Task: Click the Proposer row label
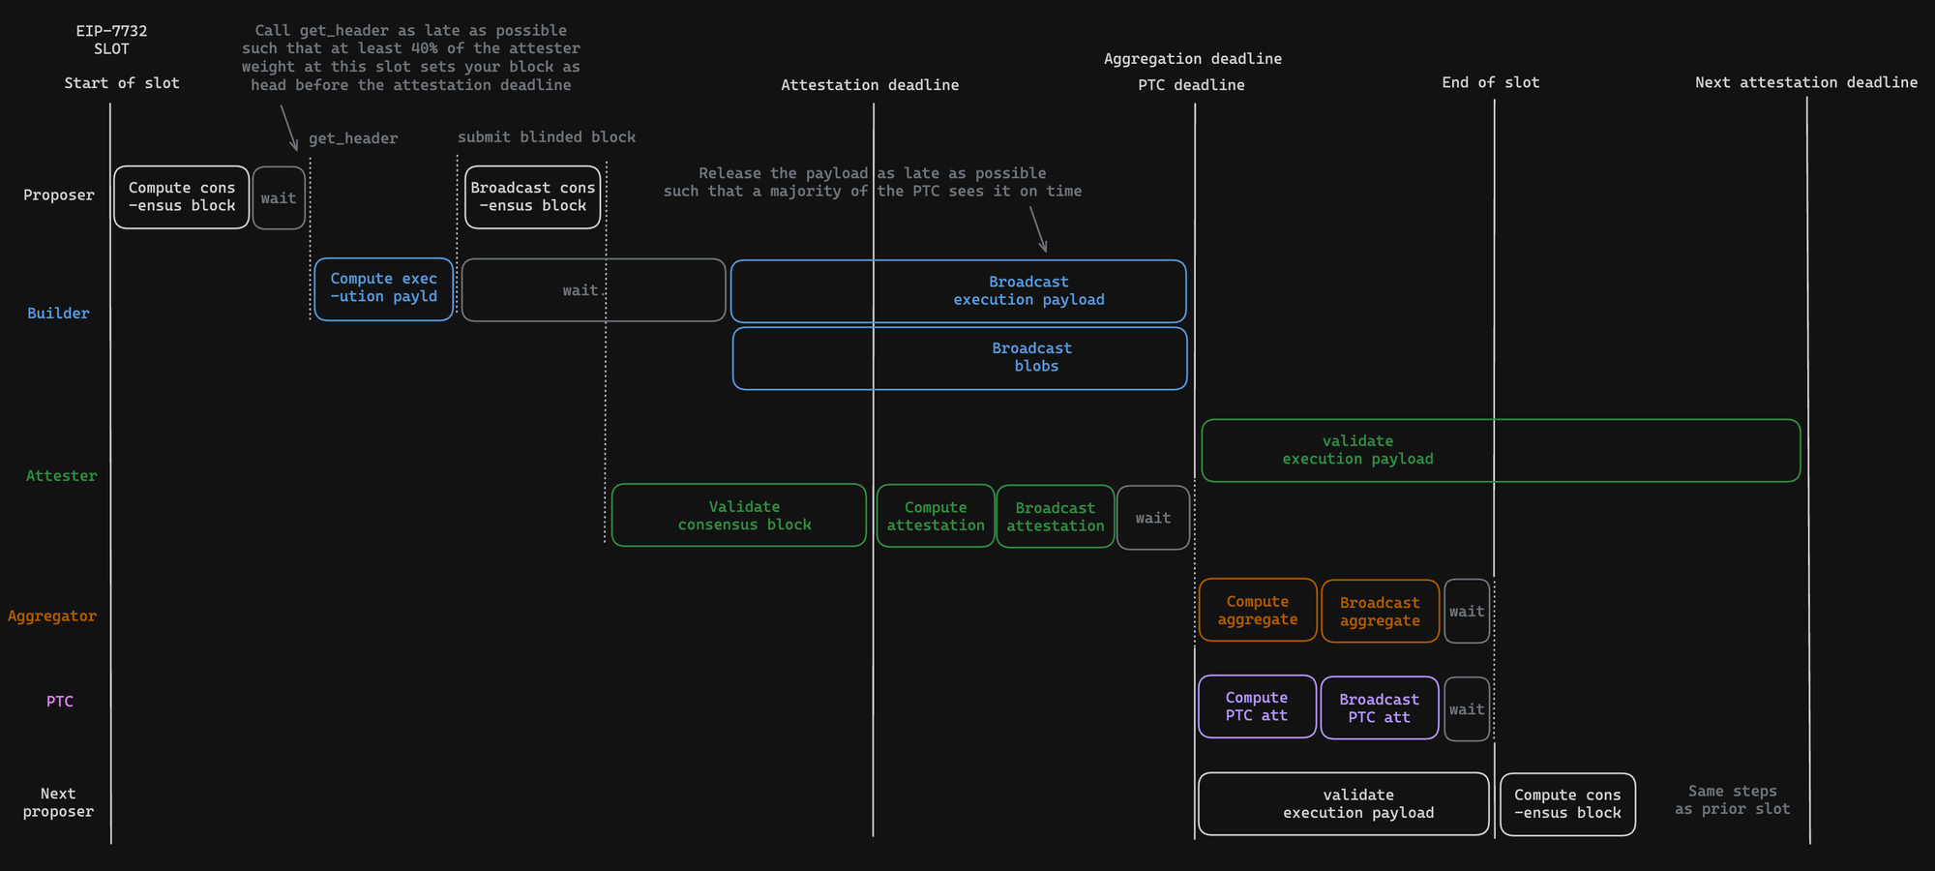(59, 195)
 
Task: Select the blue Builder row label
(58, 314)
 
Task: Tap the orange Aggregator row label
(52, 616)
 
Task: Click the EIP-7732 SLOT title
(111, 40)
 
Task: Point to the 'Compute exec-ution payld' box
(384, 288)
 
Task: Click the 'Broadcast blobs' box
(960, 358)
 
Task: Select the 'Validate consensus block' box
(739, 515)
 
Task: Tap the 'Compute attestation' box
(936, 516)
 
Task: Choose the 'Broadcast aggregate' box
(1381, 612)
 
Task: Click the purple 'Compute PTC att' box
(1258, 706)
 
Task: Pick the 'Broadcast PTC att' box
(1380, 708)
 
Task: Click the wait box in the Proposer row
(279, 198)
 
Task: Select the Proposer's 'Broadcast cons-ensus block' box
(533, 197)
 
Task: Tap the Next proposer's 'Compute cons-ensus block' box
(1568, 804)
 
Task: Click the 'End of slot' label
(1491, 83)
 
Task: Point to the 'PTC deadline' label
(1191, 85)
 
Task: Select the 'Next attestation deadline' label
(1806, 83)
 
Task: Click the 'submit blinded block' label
(547, 137)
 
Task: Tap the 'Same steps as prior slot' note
(1733, 800)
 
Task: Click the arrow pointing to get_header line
(288, 128)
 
